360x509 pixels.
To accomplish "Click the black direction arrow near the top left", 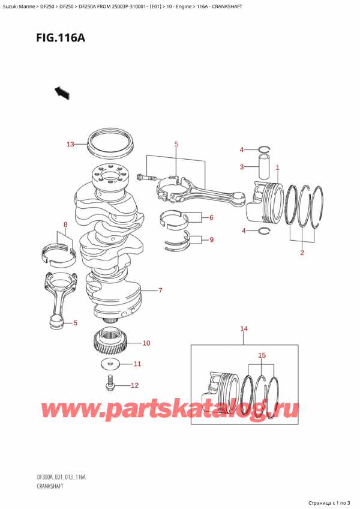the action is [x=62, y=93].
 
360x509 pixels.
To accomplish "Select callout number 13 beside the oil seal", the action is [x=70, y=144].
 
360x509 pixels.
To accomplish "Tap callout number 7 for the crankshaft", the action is [x=160, y=290].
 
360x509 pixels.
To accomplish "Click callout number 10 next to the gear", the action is [x=146, y=343].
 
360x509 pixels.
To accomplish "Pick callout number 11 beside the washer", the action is [x=137, y=364].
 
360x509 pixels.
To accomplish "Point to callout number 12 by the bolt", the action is [x=134, y=385].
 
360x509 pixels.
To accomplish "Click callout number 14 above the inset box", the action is [x=244, y=329].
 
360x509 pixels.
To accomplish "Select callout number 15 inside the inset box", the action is [x=262, y=355].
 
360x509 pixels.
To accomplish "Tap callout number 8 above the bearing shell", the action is [x=65, y=224].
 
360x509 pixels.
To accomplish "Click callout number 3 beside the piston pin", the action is [x=242, y=167].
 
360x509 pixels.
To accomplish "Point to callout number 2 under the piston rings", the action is [x=302, y=252].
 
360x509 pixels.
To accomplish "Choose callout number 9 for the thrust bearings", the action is [x=211, y=240].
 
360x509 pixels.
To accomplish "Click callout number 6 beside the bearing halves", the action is [x=211, y=217].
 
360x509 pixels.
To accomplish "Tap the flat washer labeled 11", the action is [x=109, y=364].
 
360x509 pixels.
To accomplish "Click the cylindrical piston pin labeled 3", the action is [x=265, y=166].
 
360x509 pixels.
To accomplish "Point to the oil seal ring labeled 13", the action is [x=110, y=145].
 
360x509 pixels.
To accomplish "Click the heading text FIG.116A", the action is [x=61, y=38].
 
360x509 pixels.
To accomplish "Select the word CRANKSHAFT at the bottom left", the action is [x=50, y=486].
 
